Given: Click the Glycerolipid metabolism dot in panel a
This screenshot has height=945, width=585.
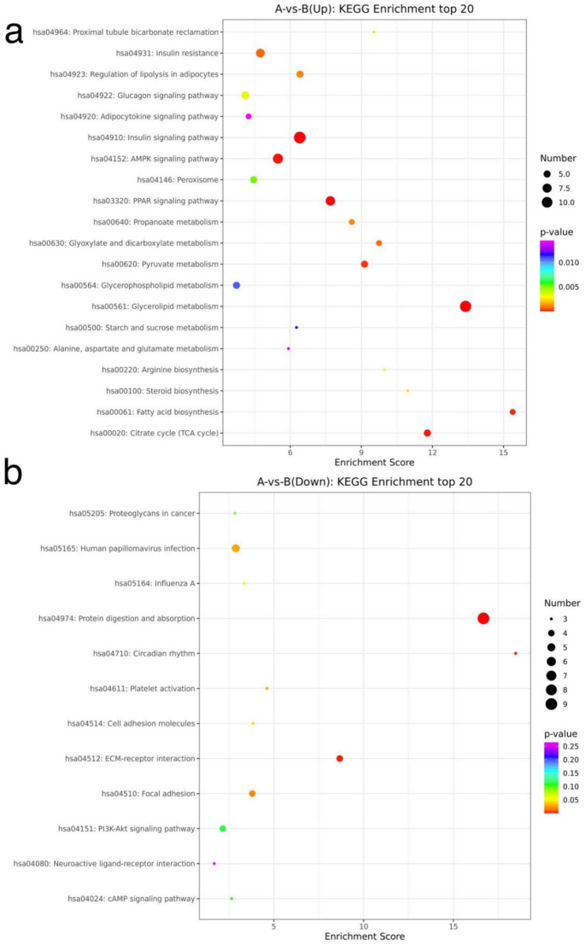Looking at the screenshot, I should click(x=465, y=306).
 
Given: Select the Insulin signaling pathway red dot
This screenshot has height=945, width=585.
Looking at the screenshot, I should click(x=300, y=137).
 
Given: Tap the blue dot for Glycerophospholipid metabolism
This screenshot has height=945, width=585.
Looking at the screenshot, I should click(x=237, y=285).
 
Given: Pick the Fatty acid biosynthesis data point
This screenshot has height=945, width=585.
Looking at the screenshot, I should click(x=512, y=412).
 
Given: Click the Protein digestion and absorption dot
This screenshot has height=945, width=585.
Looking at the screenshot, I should click(x=483, y=618).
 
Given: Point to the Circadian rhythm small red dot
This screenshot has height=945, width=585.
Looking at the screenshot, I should click(x=515, y=654).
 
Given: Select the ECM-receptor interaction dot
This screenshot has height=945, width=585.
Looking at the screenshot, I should click(x=340, y=759).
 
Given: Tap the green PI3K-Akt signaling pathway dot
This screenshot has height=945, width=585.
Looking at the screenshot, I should click(x=223, y=829).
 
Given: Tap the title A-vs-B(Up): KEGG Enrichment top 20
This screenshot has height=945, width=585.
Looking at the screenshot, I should click(x=364, y=9).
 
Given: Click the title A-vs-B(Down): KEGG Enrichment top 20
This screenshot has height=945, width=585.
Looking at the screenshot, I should click(x=364, y=481).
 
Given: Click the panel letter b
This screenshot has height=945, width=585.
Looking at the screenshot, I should click(x=14, y=472).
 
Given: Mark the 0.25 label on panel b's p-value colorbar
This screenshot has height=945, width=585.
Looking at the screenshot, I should click(x=567, y=747).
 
